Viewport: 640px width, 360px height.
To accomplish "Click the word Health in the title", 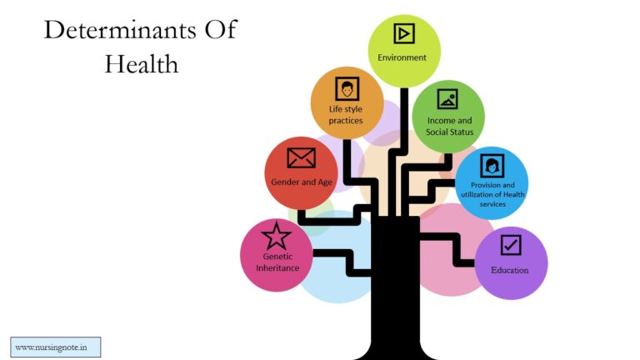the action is point(141,64).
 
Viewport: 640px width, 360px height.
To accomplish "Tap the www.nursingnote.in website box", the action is point(56,347).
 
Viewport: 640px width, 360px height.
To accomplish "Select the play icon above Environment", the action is point(404,33).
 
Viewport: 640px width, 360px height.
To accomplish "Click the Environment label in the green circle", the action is point(402,57).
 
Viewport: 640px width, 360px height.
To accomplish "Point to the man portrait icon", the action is point(347,88).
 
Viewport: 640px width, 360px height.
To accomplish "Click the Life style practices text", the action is point(346,115).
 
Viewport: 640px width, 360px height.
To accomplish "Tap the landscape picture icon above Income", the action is point(447,99).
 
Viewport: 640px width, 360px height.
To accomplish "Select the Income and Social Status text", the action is point(449,126).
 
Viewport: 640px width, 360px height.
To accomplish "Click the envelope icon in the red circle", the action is point(301,158).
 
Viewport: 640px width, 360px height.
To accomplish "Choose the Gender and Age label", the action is point(302,182).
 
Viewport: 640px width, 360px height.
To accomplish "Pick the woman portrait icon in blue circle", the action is point(492,166).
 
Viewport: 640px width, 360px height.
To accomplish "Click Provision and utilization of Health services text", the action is point(492,194).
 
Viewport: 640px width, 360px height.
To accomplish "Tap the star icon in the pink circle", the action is point(277,236).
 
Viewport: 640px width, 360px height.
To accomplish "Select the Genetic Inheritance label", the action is point(277,262).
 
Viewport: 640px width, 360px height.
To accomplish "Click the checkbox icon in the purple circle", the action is point(511,245).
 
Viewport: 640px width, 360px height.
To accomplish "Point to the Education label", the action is point(510,270).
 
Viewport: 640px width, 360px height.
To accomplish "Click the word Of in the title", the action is point(220,30).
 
